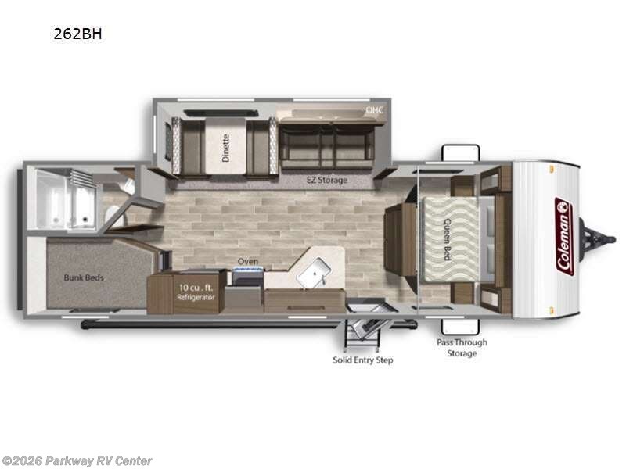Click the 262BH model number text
[x=77, y=34]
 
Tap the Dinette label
[x=225, y=148]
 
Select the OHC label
[x=375, y=109]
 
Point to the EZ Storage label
[x=327, y=180]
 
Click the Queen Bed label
[x=447, y=239]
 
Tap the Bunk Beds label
[x=84, y=277]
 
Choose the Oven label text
[x=248, y=261]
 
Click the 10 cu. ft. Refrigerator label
[x=196, y=292]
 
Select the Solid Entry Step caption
[x=363, y=360]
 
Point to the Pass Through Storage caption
[x=462, y=348]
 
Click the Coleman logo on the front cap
[x=564, y=237]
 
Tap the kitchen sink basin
[x=315, y=272]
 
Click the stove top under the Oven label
[x=248, y=277]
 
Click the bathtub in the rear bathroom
[x=66, y=199]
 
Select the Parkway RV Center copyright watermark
[x=77, y=461]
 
